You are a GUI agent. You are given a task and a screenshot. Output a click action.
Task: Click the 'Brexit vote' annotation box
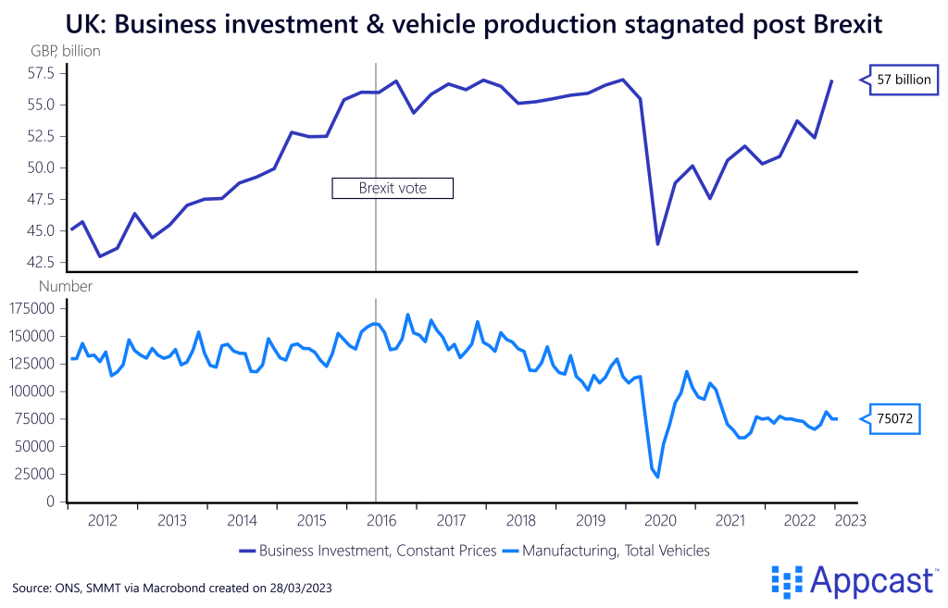pyautogui.click(x=393, y=188)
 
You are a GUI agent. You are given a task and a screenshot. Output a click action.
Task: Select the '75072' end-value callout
pyautogui.click(x=896, y=419)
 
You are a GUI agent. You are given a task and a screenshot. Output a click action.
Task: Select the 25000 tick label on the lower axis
pyautogui.click(x=36, y=474)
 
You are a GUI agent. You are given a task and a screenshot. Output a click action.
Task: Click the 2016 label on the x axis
pyautogui.click(x=381, y=520)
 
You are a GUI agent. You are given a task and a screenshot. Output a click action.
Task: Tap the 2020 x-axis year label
pyautogui.click(x=660, y=520)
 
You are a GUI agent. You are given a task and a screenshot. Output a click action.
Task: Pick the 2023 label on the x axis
pyautogui.click(x=851, y=520)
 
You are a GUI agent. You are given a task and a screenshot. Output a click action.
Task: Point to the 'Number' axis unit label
pyautogui.click(x=65, y=287)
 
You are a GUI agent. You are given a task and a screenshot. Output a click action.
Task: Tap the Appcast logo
pyautogui.click(x=853, y=580)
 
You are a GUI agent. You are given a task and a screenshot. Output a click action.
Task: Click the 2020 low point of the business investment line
pyautogui.click(x=658, y=244)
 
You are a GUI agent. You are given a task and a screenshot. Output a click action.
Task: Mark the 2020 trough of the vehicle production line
pyautogui.click(x=658, y=477)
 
